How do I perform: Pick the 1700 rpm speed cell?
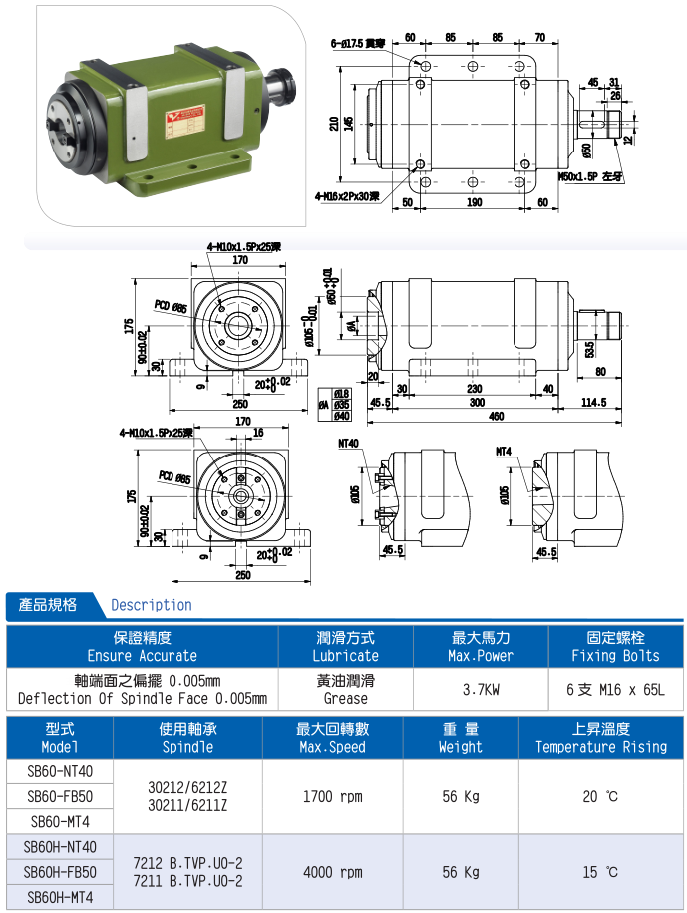[332, 796]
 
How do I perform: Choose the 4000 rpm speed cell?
[332, 872]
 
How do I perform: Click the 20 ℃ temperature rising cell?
[600, 796]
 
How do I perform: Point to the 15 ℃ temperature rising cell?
[600, 872]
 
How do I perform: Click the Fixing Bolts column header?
[615, 647]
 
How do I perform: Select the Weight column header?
[460, 738]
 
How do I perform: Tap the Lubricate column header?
[345, 647]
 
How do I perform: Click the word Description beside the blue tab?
[152, 605]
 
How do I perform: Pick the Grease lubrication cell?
[345, 689]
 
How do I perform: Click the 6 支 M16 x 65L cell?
[615, 688]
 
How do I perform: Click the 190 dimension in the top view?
[473, 202]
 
